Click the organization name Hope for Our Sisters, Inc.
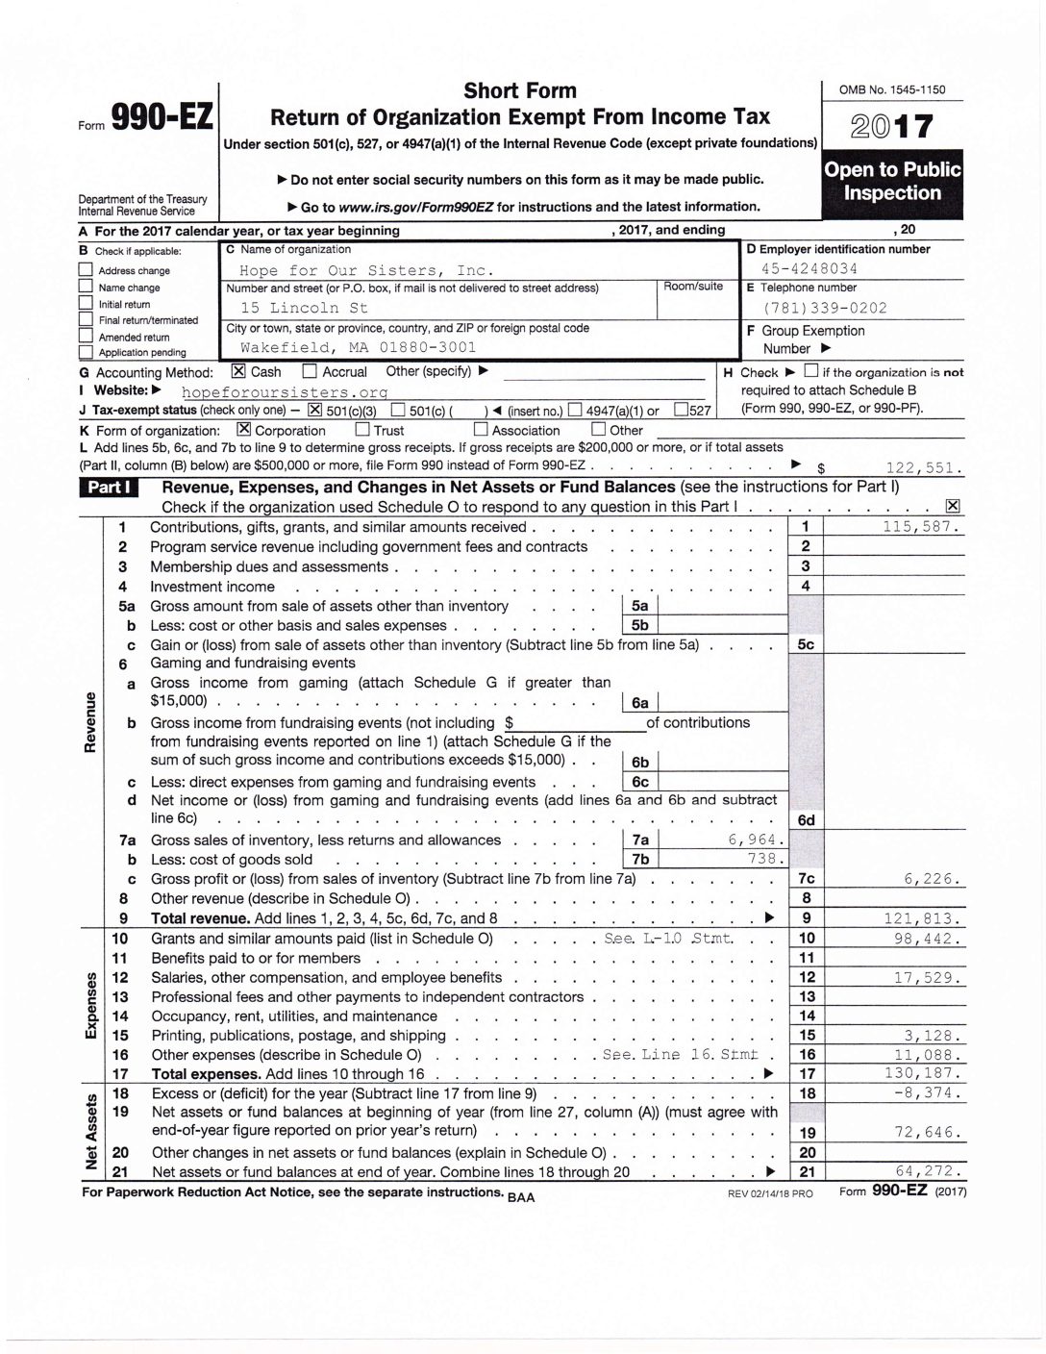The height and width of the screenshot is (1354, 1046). point(366,270)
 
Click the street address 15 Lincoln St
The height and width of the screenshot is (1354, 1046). point(304,309)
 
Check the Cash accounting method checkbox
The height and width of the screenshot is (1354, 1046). point(238,371)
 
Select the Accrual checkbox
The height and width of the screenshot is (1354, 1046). point(310,371)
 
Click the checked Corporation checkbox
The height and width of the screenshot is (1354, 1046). point(243,430)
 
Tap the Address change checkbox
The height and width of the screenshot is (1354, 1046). point(86,271)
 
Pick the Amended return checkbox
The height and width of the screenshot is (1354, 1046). point(86,338)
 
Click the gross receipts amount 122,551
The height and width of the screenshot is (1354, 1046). point(926,468)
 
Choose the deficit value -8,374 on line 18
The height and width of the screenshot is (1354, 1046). point(928,1093)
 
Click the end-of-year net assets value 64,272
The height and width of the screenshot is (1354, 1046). point(928,1171)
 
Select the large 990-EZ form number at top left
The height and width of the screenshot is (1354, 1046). point(161,117)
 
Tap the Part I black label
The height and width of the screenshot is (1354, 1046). point(110,488)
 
